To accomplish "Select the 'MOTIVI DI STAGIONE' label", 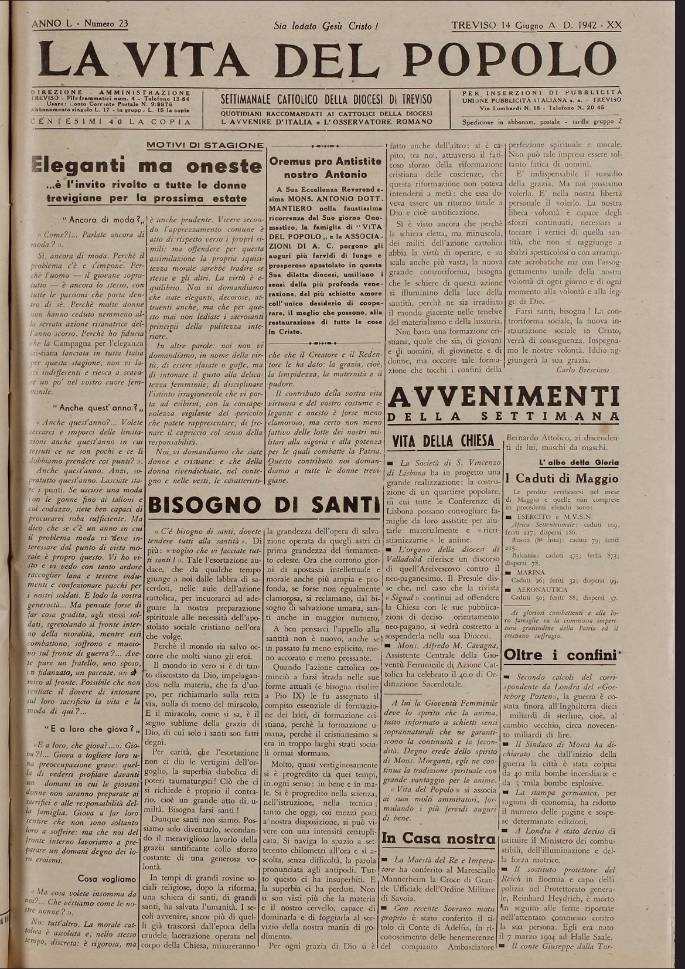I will [x=205, y=145].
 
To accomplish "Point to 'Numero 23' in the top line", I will [x=106, y=24].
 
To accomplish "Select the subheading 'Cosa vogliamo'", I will [x=107, y=879].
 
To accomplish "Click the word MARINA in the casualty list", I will [x=530, y=572].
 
